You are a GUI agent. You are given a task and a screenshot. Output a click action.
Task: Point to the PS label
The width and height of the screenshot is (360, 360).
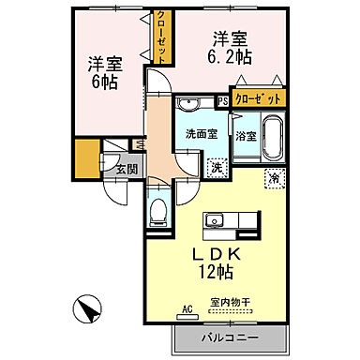[222, 100]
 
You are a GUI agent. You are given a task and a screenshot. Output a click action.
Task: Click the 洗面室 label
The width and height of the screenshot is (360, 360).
[201, 133]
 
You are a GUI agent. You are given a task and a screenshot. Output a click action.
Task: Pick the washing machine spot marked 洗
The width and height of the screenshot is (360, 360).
[216, 168]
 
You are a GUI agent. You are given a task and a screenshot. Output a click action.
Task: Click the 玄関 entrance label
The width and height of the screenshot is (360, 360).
[127, 170]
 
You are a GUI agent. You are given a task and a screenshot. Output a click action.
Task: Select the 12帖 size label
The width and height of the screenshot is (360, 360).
[215, 273]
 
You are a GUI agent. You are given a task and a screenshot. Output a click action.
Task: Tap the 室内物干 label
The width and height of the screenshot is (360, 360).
[230, 302]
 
